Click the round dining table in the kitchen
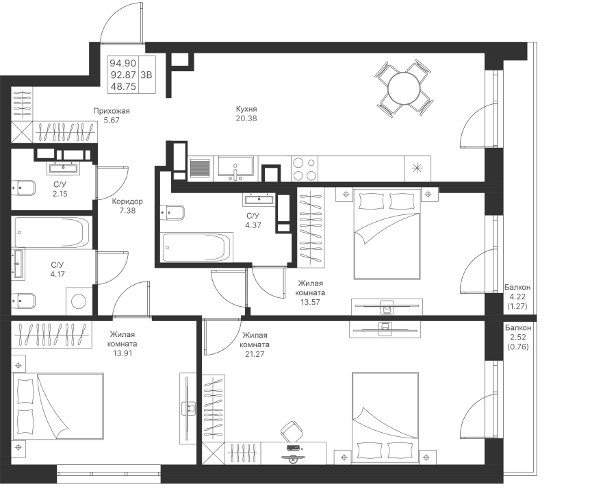[x=404, y=88]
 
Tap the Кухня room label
[x=246, y=109]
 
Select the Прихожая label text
[x=111, y=111]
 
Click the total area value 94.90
[x=123, y=63]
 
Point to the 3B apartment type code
[x=146, y=75]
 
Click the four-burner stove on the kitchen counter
[x=305, y=168]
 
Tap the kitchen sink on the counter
[x=235, y=168]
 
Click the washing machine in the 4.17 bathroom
[x=79, y=301]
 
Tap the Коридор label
[x=127, y=201]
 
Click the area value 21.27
[x=255, y=354]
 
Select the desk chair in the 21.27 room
[x=292, y=431]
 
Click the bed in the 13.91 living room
[x=58, y=406]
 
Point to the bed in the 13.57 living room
[x=387, y=234]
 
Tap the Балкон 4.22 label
[x=517, y=292]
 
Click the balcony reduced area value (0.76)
[x=518, y=347]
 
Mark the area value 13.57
[x=310, y=302]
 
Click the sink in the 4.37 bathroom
[x=259, y=199]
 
